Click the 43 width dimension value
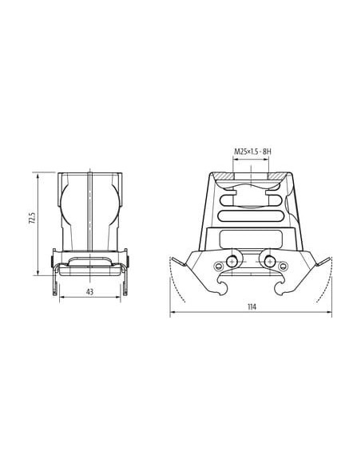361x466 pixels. pyautogui.click(x=89, y=292)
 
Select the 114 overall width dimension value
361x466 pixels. pyautogui.click(x=252, y=307)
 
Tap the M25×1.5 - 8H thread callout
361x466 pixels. pyautogui.click(x=252, y=152)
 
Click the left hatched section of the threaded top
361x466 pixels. pyautogui.click(x=224, y=176)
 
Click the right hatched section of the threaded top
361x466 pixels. pyautogui.click(x=278, y=176)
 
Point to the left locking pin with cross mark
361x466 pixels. pyautogui.click(x=232, y=262)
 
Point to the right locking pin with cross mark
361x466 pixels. pyautogui.click(x=270, y=262)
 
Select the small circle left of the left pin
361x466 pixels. pyautogui.click(x=219, y=266)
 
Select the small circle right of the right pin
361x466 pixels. pyautogui.click(x=283, y=266)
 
